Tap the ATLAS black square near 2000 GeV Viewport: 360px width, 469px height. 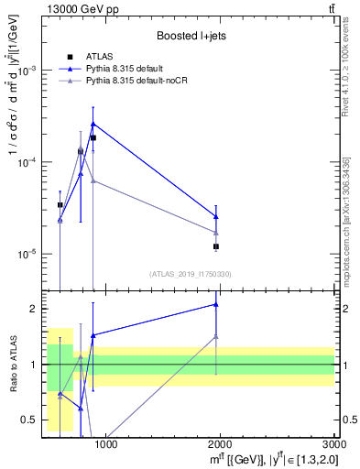[216, 246]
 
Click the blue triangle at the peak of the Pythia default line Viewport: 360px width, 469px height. [93, 124]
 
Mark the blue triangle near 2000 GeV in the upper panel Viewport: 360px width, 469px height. [216, 217]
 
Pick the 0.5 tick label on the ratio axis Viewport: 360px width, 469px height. [32, 420]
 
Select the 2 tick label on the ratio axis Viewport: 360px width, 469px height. [36, 309]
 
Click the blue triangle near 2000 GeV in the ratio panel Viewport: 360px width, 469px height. [216, 304]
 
